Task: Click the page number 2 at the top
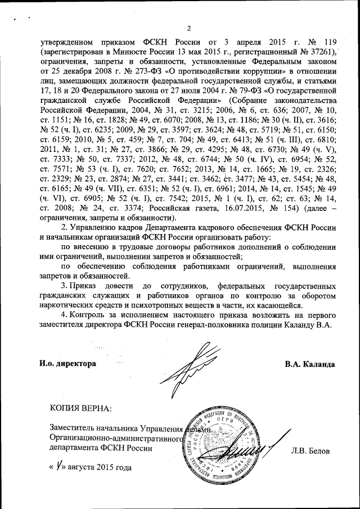pyautogui.click(x=188, y=29)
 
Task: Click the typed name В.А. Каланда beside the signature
pyautogui.click(x=310, y=364)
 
